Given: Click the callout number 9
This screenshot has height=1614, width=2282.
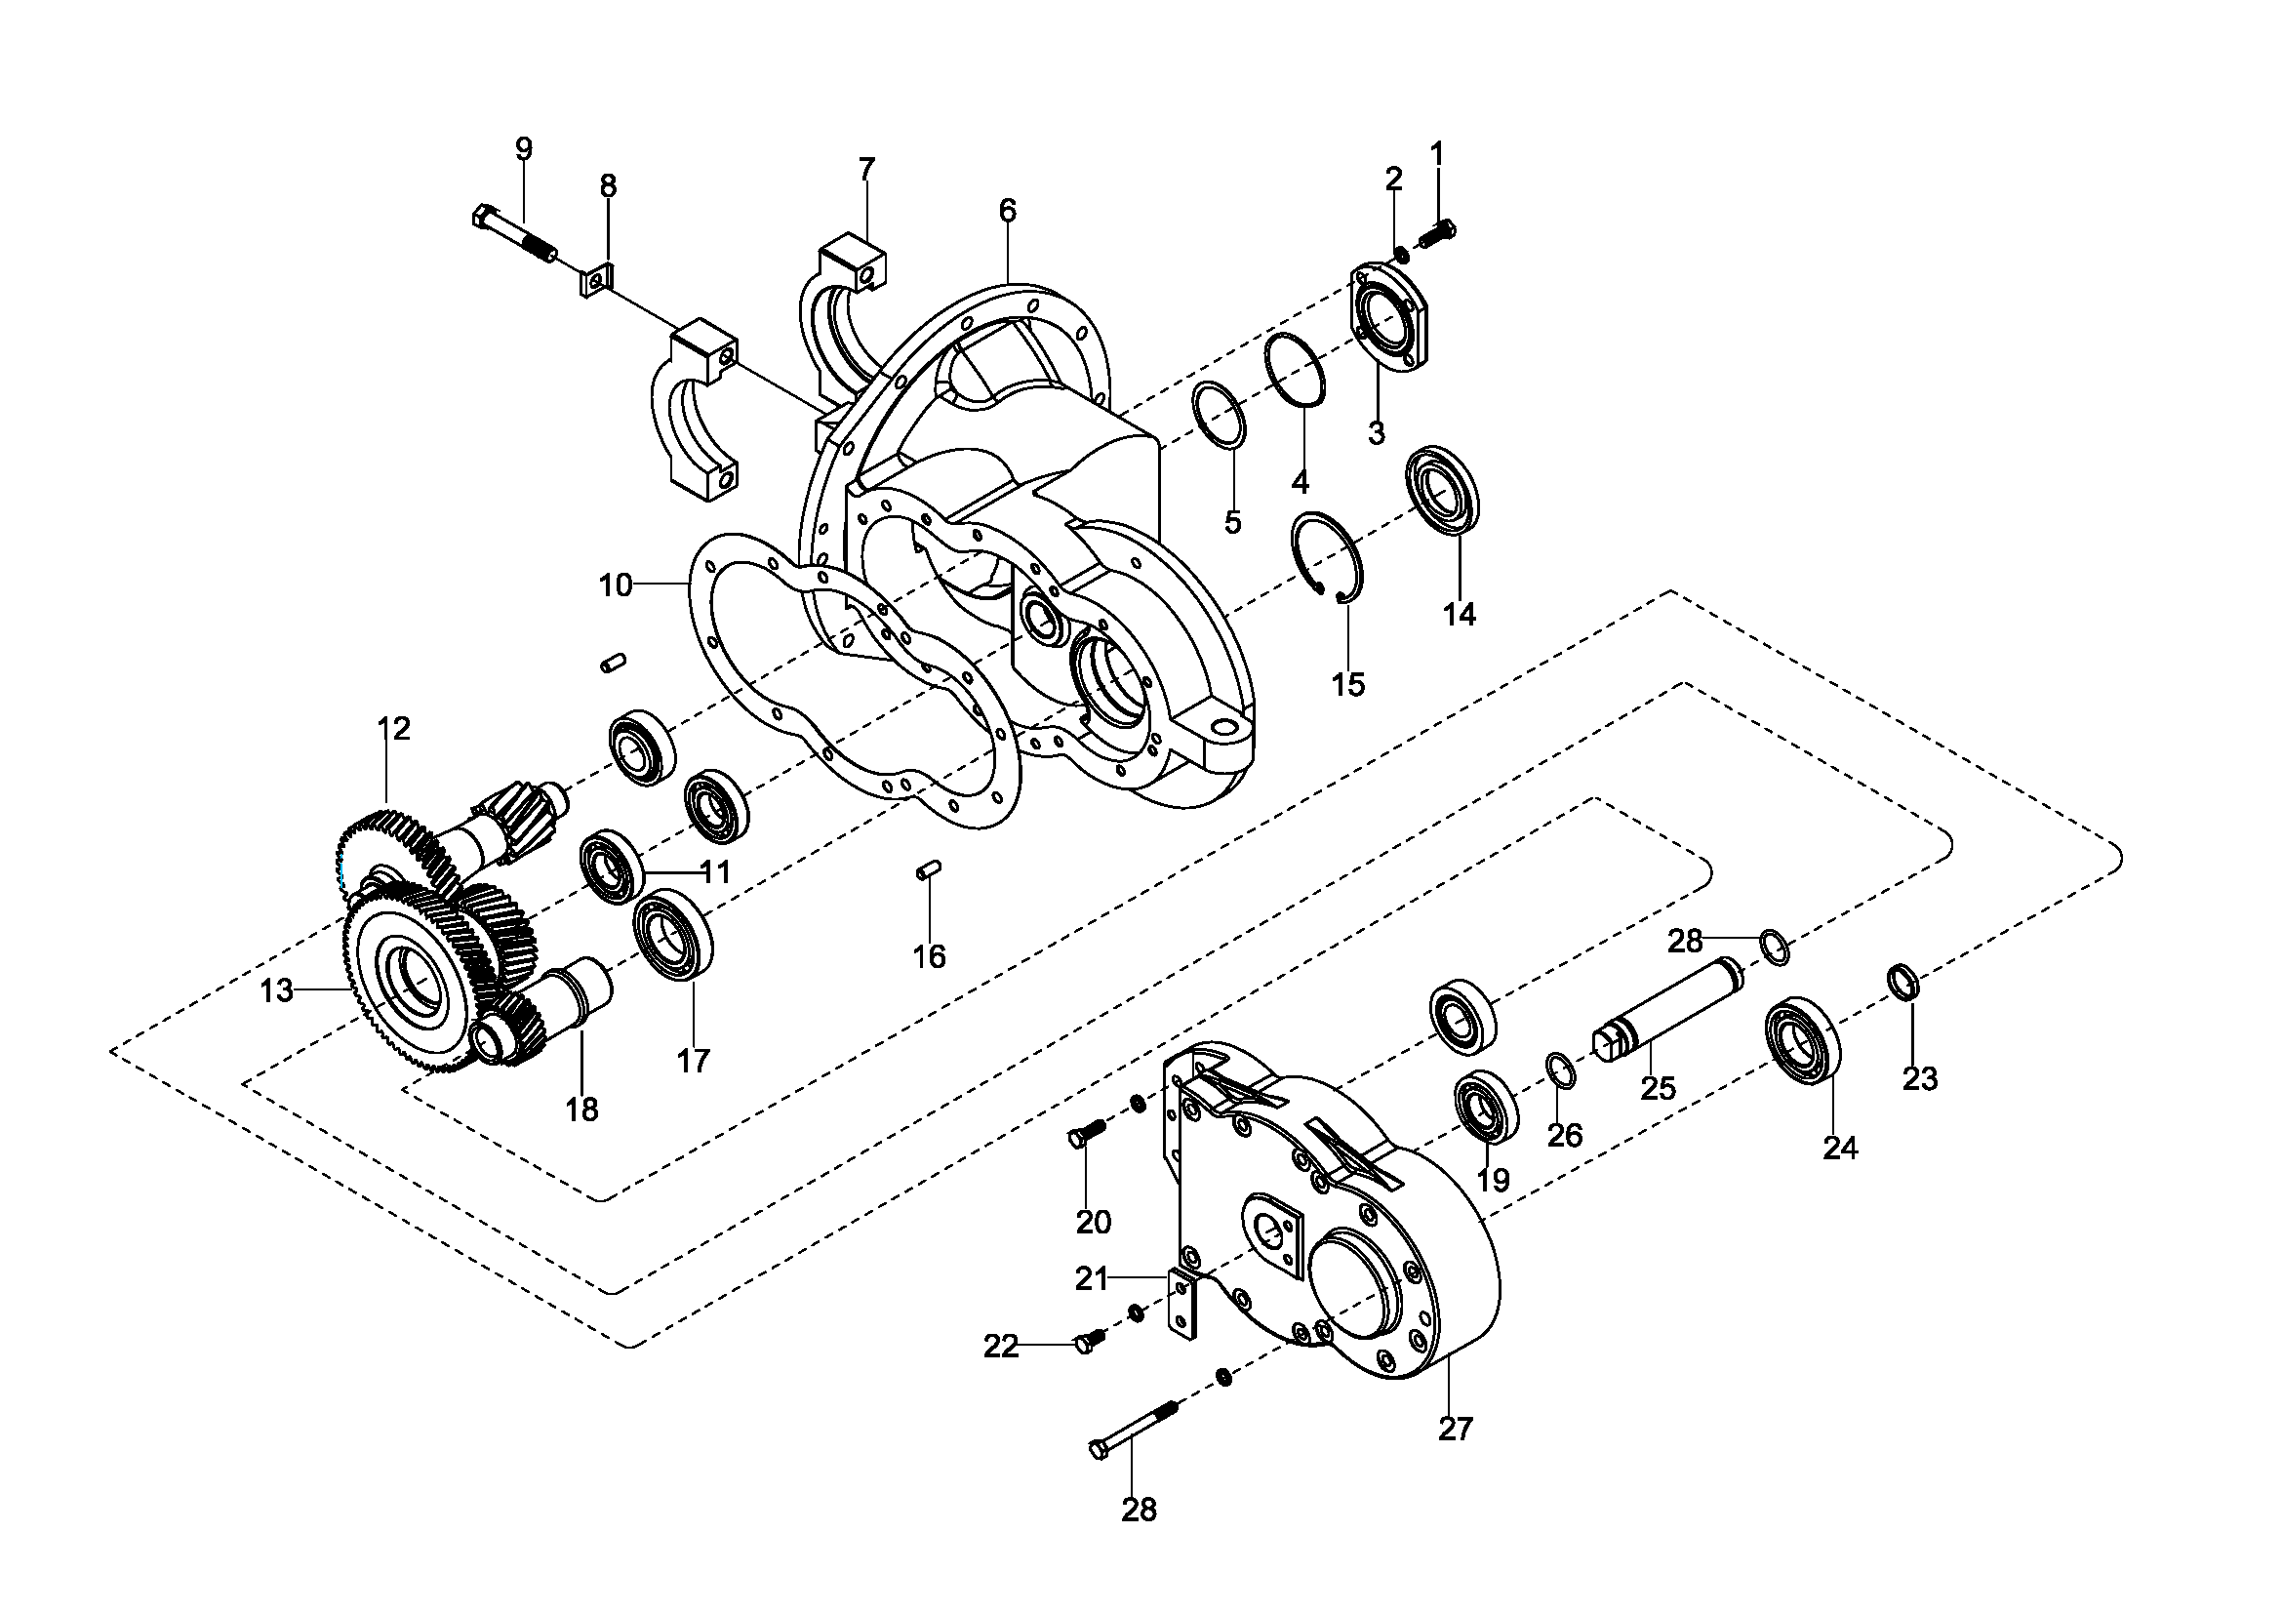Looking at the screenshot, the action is coord(523,149).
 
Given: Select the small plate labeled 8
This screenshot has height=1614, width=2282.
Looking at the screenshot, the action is coord(595,279).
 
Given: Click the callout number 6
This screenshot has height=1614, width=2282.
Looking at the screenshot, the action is coord(1008,211).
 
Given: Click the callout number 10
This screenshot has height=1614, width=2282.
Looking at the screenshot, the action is coord(616,585).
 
